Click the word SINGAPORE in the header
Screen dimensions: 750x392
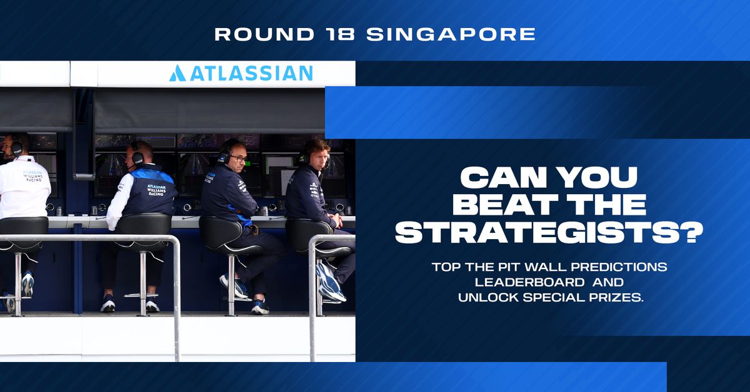451,34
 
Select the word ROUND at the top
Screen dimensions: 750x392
264,34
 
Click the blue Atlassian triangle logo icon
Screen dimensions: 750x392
177,73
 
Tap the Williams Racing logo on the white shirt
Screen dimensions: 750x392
32,176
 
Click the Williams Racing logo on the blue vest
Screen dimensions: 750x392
156,190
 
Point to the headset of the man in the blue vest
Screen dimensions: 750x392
136,154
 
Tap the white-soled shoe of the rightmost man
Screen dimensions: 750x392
330,283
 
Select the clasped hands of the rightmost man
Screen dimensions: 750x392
337,220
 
